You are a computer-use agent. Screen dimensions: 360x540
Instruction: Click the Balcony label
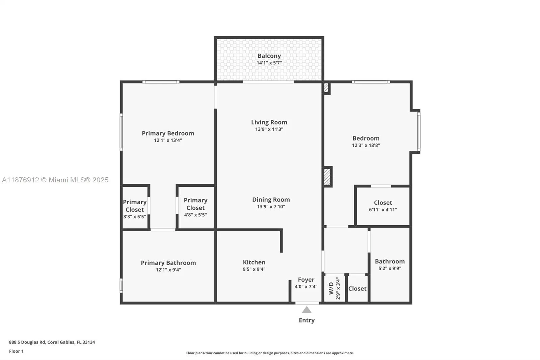coord(269,56)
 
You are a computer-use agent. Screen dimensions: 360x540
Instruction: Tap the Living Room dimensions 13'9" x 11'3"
coord(269,129)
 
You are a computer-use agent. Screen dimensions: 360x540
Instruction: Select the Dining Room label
coord(271,200)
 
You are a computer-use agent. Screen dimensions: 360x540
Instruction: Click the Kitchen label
coord(254,262)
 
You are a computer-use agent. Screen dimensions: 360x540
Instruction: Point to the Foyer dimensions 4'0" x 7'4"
coord(306,287)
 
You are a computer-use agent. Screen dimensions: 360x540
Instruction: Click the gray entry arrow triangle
coord(306,310)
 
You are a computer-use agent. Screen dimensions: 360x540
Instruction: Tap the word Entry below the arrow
coord(306,320)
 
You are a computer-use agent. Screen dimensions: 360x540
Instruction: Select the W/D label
coord(331,288)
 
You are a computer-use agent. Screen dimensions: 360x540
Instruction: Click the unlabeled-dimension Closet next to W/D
coord(357,289)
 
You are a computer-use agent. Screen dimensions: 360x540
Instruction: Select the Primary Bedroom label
coord(168,133)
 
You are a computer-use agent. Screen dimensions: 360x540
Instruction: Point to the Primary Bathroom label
coord(168,263)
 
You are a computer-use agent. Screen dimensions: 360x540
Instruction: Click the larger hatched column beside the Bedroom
coord(327,177)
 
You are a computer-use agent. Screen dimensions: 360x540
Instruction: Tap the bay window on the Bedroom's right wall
coord(418,132)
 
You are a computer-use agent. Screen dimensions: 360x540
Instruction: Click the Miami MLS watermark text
coord(55,180)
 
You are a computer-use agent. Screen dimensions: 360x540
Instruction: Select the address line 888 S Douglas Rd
coord(52,342)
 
